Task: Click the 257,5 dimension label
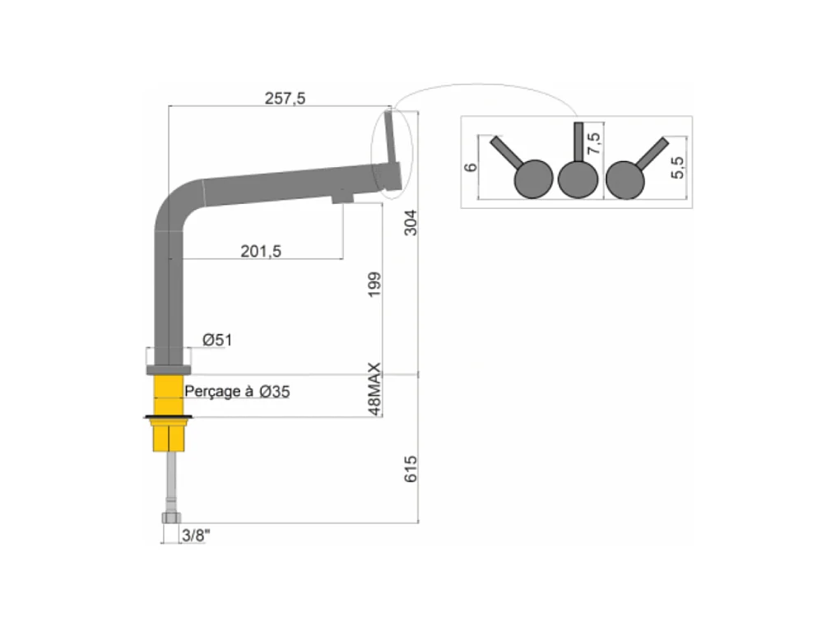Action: [x=285, y=99]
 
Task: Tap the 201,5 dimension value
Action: [x=261, y=251]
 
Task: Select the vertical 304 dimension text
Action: [x=411, y=223]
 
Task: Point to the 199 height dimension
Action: [x=375, y=285]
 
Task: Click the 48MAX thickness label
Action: [x=375, y=388]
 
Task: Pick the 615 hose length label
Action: [x=411, y=469]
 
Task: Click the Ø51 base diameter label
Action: [x=217, y=340]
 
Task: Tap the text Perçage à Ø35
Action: [x=237, y=392]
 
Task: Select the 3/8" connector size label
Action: [x=196, y=535]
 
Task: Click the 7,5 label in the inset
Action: [x=593, y=143]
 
